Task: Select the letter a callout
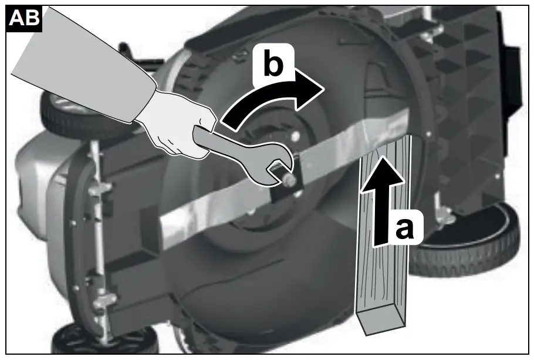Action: coord(404,228)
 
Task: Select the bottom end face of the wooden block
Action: coord(382,322)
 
